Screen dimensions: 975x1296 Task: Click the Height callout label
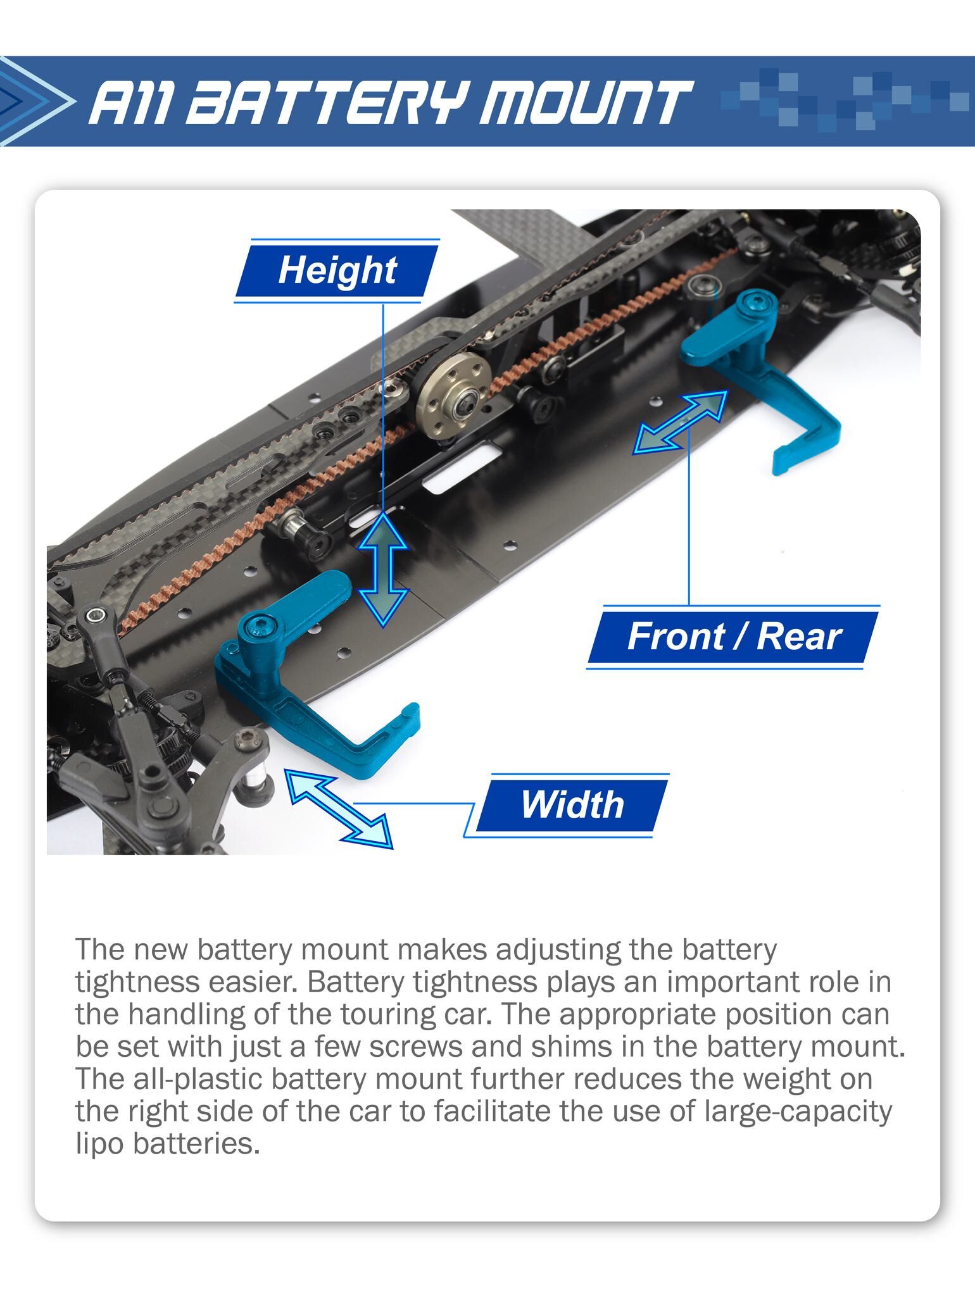(x=337, y=271)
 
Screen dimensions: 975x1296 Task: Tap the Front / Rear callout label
(x=734, y=637)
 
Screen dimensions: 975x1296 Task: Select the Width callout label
(x=572, y=805)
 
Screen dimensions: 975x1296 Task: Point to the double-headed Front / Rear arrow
(x=681, y=422)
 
